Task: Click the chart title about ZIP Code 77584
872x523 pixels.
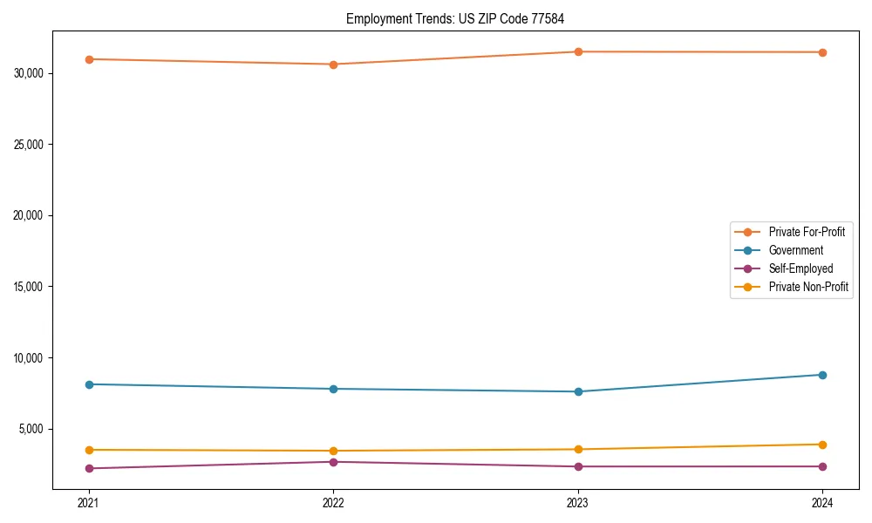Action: coord(461,18)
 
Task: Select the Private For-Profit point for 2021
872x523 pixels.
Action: coord(89,59)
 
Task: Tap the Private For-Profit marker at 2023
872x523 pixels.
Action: coord(578,52)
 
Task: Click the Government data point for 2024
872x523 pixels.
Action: coord(822,375)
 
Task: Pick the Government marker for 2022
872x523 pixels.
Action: coord(333,389)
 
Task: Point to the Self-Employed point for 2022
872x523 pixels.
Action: coord(333,462)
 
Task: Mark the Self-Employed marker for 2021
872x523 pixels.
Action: coord(89,468)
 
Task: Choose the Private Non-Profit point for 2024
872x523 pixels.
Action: coord(822,445)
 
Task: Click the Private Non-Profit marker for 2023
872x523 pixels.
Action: coord(578,450)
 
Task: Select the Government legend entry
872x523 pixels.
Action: coord(795,250)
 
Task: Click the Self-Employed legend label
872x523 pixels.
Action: coord(800,268)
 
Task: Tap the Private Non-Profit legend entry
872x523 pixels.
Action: coord(808,287)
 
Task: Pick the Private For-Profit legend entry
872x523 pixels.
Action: coord(807,232)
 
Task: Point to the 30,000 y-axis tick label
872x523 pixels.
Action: coord(31,73)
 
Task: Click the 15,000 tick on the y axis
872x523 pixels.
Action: coord(31,287)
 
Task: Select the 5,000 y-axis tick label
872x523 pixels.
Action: coord(33,429)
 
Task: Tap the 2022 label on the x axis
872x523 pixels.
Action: coord(333,502)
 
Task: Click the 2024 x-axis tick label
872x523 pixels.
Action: coord(822,502)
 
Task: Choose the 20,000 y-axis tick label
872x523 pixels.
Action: coord(31,215)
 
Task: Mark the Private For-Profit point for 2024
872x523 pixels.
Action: coord(822,52)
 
